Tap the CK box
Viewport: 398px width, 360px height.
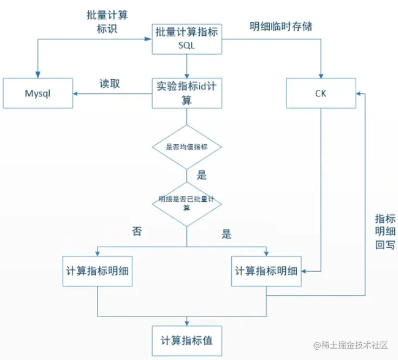[321, 93]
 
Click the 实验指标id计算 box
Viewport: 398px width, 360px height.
[186, 93]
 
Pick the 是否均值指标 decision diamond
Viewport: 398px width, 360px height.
[186, 146]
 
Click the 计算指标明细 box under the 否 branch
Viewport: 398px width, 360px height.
[97, 270]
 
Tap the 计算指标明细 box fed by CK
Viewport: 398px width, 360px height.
[266, 270]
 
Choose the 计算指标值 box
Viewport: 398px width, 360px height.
[186, 340]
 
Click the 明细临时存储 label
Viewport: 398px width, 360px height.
[280, 27]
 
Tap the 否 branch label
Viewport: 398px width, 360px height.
[137, 231]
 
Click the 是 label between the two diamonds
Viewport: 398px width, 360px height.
[201, 175]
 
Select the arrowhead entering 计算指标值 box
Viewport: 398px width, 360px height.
[186, 324]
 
